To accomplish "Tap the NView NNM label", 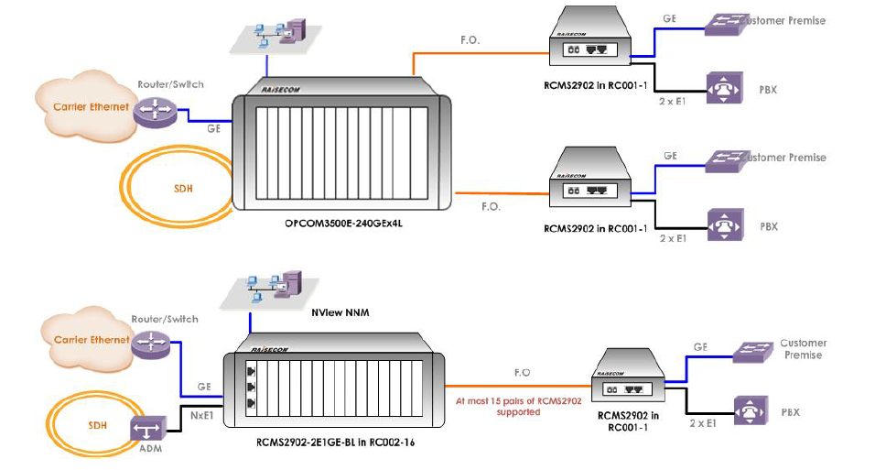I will (x=334, y=312).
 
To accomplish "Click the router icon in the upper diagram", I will (x=152, y=112).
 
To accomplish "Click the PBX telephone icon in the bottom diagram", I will (x=751, y=411).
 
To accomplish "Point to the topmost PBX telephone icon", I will (x=722, y=88).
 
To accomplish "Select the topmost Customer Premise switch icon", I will (x=723, y=23).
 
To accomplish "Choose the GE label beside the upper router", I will (x=214, y=129).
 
